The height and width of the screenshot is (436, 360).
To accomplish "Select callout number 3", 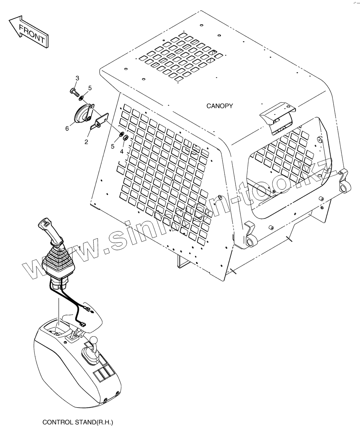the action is click(x=77, y=78).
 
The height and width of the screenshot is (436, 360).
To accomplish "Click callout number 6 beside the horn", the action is click(x=67, y=129).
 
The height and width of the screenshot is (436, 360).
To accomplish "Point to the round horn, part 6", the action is click(x=82, y=114).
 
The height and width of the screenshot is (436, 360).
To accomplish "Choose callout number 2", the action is click(x=86, y=142).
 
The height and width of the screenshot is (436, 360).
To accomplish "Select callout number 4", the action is click(x=122, y=152).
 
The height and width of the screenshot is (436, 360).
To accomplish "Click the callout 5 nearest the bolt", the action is click(x=90, y=88).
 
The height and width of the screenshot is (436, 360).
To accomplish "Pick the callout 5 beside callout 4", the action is click(x=112, y=146).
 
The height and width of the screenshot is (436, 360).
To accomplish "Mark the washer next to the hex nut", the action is click(x=121, y=134).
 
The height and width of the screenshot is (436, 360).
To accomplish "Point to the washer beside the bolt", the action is click(x=82, y=98).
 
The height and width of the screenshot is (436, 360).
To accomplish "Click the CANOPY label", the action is click(x=219, y=106).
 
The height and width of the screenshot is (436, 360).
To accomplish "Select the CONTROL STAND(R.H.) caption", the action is click(x=78, y=422).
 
